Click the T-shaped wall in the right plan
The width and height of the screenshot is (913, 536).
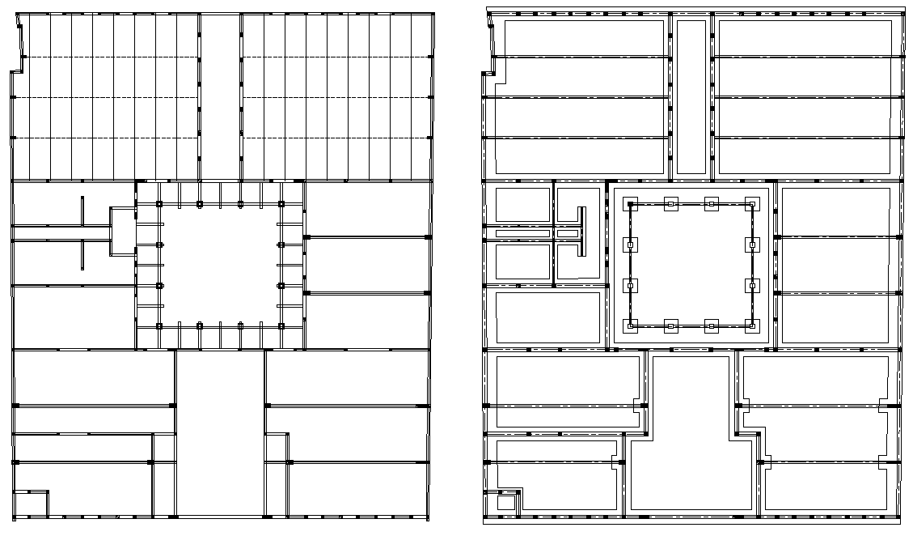pyautogui.click(x=581, y=232)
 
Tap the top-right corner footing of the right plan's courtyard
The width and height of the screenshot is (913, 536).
pyautogui.click(x=752, y=203)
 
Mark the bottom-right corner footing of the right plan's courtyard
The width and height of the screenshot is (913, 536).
pyautogui.click(x=752, y=326)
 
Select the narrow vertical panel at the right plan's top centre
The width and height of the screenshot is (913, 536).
pyautogui.click(x=691, y=96)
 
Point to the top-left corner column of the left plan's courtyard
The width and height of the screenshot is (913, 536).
pyautogui.click(x=159, y=203)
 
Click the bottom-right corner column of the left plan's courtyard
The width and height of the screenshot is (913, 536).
pyautogui.click(x=281, y=325)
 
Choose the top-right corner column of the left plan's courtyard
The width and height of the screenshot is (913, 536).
pyautogui.click(x=281, y=203)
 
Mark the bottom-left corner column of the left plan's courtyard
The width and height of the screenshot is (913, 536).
pyautogui.click(x=159, y=325)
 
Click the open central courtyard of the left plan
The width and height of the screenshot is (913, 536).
pyautogui.click(x=220, y=265)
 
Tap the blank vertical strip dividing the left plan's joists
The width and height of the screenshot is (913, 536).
pyautogui.click(x=220, y=96)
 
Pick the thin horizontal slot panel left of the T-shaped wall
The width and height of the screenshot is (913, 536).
pyautogui.click(x=522, y=234)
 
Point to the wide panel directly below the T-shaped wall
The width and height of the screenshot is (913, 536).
pyautogui.click(x=549, y=317)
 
